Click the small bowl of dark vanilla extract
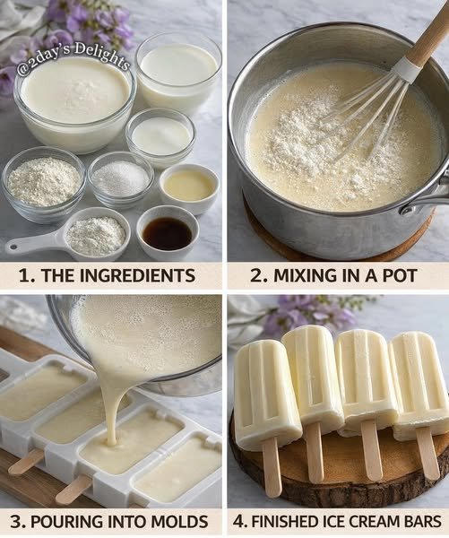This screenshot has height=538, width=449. pyautogui.click(x=168, y=232)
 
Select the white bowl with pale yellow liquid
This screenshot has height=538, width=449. pyautogui.click(x=189, y=187)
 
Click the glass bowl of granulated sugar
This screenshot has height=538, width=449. pyautogui.click(x=121, y=178)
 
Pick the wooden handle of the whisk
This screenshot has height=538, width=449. pyautogui.click(x=428, y=38)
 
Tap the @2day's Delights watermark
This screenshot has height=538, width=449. pyautogui.click(x=73, y=58)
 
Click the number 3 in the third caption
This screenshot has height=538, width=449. pyautogui.click(x=16, y=522)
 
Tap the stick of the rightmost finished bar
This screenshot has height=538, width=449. pyautogui.click(x=427, y=453)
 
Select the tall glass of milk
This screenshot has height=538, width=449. pyautogui.click(x=177, y=72)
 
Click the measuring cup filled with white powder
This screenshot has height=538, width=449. pyautogui.click(x=97, y=232)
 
